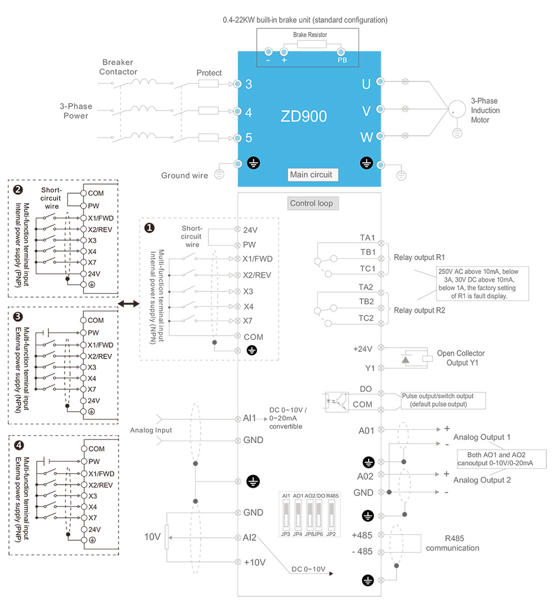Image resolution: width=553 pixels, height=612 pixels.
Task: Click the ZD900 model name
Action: pos(303,116)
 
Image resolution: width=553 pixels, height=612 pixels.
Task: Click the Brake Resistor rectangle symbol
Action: pos(312,44)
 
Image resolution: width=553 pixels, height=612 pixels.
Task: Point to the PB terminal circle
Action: pos(341,52)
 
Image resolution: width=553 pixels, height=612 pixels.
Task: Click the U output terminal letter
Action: pos(366,84)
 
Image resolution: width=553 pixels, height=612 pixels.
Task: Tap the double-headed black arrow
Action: pos(129,303)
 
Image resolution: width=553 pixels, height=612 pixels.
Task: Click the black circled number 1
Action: pos(149,228)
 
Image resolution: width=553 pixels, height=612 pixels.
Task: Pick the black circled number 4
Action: pos(19,445)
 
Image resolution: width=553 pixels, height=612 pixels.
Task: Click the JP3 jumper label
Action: pos(286,534)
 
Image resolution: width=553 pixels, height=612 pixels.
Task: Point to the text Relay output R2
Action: pos(419,310)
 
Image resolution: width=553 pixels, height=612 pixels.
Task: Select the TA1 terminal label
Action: pos(367,238)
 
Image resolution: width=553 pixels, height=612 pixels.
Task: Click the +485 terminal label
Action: pos(362,535)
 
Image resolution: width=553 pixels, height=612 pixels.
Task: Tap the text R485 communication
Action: pos(453,543)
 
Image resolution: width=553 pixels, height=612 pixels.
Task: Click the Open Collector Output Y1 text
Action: pos(461,358)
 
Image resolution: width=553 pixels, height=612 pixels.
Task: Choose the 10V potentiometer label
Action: pos(152,537)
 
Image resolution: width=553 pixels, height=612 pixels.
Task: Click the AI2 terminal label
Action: pos(250,537)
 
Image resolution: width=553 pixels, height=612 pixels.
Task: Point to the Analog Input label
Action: pos(151,430)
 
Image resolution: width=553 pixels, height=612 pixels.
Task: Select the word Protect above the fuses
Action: pos(209,73)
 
